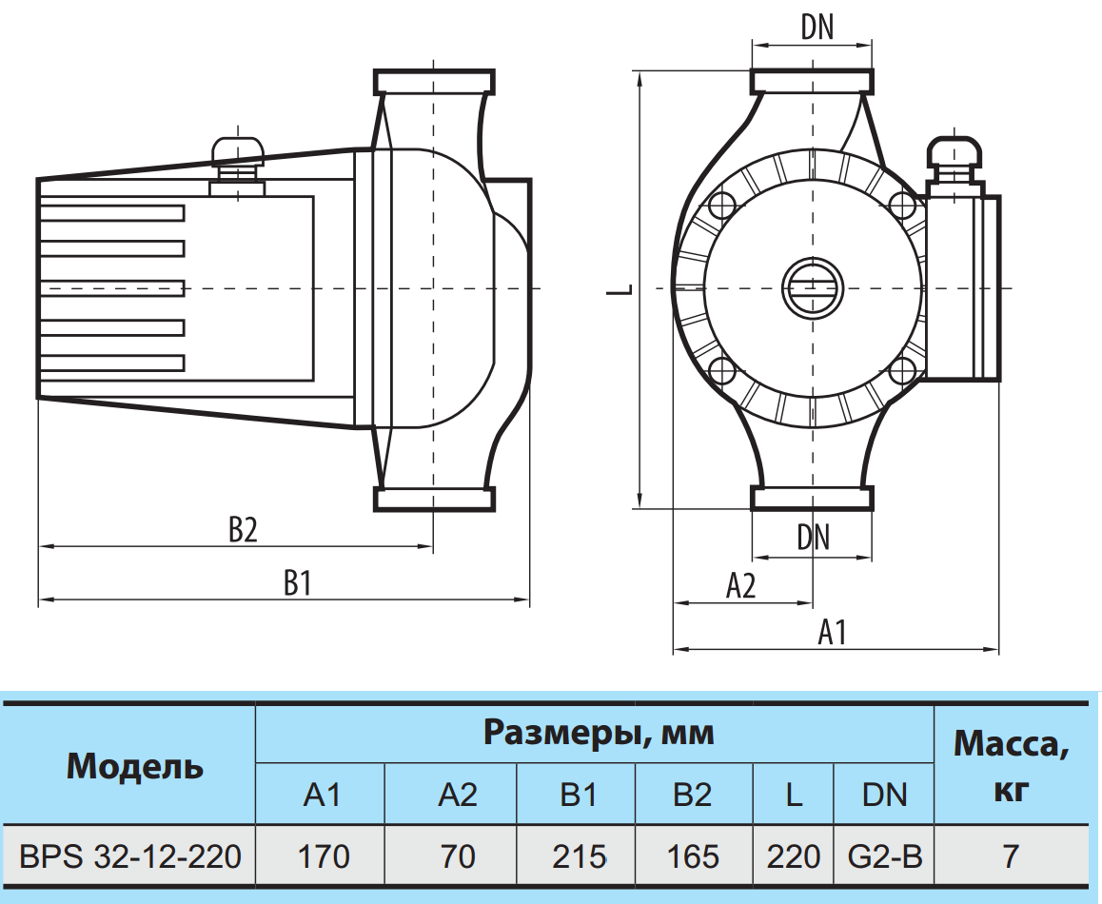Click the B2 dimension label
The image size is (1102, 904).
point(243,530)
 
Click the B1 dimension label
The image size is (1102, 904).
point(298,583)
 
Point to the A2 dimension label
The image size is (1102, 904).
point(740,586)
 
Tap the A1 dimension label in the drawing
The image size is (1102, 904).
point(833,632)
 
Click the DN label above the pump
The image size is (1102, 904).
point(817,28)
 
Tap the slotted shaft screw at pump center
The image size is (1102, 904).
point(813,287)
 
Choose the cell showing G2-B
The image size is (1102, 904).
point(884,856)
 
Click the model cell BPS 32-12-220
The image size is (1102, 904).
point(129,856)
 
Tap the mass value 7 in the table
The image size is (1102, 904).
point(1010,856)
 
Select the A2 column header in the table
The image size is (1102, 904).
point(458,795)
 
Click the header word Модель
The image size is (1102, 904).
point(135,765)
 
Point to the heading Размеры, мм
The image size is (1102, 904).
point(599,734)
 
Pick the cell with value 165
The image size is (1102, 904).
point(693,856)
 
